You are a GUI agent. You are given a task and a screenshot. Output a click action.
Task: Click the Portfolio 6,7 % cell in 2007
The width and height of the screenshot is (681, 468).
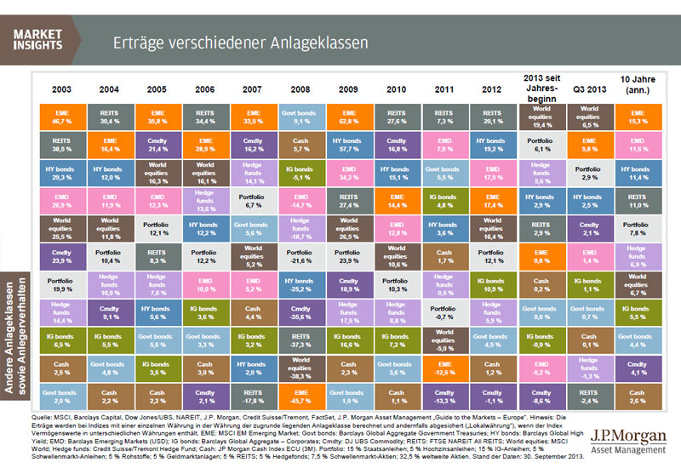254,202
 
